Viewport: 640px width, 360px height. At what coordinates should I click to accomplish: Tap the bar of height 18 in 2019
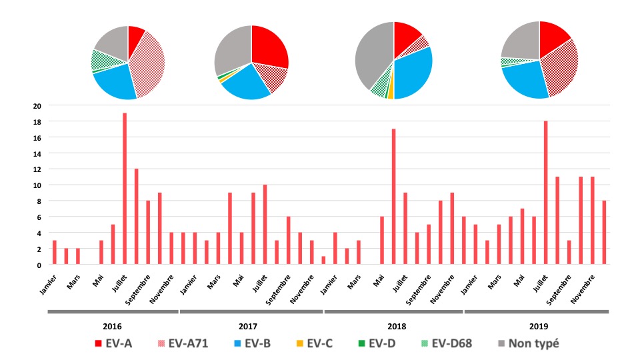pos(545,193)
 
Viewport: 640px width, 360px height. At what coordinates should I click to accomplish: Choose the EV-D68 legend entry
pos(446,344)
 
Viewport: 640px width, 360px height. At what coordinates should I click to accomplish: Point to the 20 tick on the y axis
pos(37,105)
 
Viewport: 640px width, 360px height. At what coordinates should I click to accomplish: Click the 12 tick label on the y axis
pos(37,169)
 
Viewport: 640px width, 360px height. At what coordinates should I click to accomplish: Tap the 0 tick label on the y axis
pos(39,265)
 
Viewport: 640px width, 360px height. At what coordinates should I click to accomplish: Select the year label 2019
pos(537,327)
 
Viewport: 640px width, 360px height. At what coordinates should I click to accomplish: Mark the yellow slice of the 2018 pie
pos(391,93)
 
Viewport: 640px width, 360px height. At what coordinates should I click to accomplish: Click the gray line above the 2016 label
pos(111,311)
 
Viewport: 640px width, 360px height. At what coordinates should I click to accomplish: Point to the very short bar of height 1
pos(324,261)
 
